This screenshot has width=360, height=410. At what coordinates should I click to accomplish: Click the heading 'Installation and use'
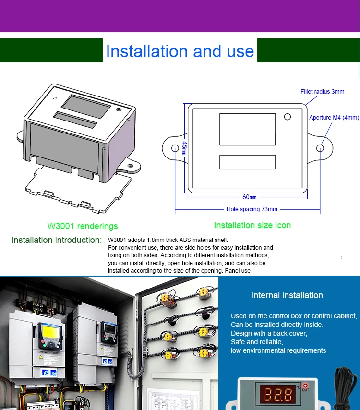[180, 51]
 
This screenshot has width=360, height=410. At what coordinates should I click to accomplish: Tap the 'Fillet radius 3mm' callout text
[323, 92]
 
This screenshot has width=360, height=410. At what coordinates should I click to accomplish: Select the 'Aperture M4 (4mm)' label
[334, 118]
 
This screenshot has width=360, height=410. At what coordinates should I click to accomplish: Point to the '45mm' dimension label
[184, 148]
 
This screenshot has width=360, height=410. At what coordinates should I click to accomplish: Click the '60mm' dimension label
[250, 197]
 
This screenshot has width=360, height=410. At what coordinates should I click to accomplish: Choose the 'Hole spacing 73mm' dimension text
[252, 209]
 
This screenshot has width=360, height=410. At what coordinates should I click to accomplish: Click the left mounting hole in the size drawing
[175, 148]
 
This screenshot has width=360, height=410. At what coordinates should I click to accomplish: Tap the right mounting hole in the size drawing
[320, 148]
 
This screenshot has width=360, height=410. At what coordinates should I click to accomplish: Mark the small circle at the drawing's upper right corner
[288, 117]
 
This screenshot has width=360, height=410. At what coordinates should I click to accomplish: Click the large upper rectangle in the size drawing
[247, 129]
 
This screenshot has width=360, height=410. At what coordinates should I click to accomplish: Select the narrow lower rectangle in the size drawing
[247, 162]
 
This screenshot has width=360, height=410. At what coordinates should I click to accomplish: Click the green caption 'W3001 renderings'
[83, 226]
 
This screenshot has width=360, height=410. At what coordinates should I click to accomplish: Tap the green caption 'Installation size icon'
[252, 225]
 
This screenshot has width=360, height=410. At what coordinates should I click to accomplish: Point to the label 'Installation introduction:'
[57, 240]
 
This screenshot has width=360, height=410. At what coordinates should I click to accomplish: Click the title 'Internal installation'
[287, 295]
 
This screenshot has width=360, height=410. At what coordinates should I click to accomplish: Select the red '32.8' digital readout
[277, 395]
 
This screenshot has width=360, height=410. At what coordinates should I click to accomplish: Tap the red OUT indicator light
[305, 386]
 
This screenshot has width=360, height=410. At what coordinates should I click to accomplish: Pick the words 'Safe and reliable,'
[257, 342]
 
